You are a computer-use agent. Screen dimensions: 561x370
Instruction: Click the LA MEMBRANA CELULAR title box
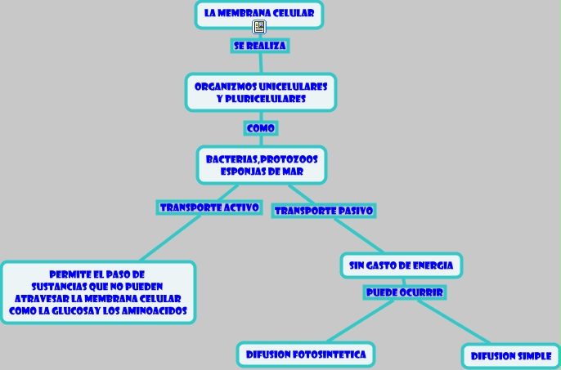tap(259, 14)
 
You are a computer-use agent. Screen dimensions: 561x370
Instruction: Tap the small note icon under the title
tap(259, 27)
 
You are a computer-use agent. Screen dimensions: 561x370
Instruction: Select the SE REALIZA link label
tap(260, 46)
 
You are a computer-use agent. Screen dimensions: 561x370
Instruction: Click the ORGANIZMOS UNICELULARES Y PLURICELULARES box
tap(261, 92)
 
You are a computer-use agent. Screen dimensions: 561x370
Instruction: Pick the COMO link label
tap(261, 128)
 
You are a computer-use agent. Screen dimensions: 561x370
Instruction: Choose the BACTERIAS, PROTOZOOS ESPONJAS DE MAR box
tap(262, 165)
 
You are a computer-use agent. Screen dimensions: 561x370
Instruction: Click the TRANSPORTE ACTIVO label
tap(209, 207)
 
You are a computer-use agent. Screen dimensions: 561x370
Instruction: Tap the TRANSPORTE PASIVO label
tap(324, 211)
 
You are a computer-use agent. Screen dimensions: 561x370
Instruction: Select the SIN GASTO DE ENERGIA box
tap(402, 265)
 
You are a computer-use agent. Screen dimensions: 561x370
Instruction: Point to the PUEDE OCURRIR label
tap(405, 292)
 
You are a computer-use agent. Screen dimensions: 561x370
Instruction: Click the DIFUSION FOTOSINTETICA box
tap(306, 354)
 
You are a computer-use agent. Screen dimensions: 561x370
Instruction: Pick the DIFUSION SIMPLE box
tap(511, 356)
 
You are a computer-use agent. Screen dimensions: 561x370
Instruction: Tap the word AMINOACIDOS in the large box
tap(155, 311)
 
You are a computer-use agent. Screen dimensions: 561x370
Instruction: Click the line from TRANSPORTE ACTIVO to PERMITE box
tap(170, 238)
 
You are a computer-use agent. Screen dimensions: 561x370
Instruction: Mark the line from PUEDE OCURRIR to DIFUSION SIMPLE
tap(454, 322)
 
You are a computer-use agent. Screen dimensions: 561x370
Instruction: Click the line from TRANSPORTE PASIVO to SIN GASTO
tap(359, 236)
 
